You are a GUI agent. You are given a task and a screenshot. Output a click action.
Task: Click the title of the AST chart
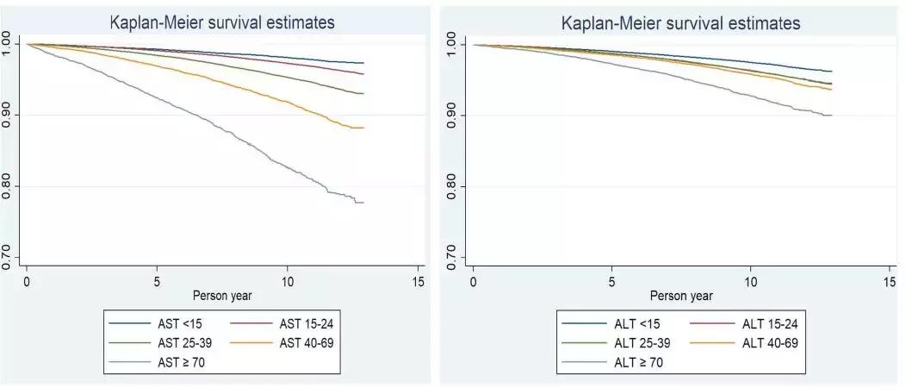222,22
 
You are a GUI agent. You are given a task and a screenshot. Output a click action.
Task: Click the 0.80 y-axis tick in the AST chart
8,186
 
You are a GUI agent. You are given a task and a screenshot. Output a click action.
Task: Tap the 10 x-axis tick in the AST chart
288,281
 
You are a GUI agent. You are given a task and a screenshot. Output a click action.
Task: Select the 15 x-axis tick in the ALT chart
890,281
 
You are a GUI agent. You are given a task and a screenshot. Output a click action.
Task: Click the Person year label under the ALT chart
680,296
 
